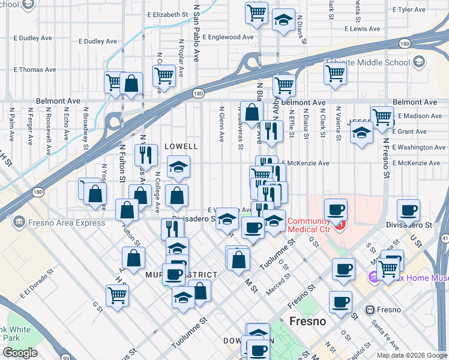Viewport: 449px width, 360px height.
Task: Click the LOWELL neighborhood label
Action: (x=181, y=146)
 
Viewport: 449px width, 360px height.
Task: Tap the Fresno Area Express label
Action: (x=59, y=223)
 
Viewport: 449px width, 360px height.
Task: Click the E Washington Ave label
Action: (x=419, y=147)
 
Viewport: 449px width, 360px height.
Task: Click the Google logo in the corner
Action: (x=20, y=353)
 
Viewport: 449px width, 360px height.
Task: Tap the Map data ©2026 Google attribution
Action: (x=411, y=355)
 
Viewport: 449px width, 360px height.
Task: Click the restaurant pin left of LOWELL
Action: (x=146, y=155)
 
